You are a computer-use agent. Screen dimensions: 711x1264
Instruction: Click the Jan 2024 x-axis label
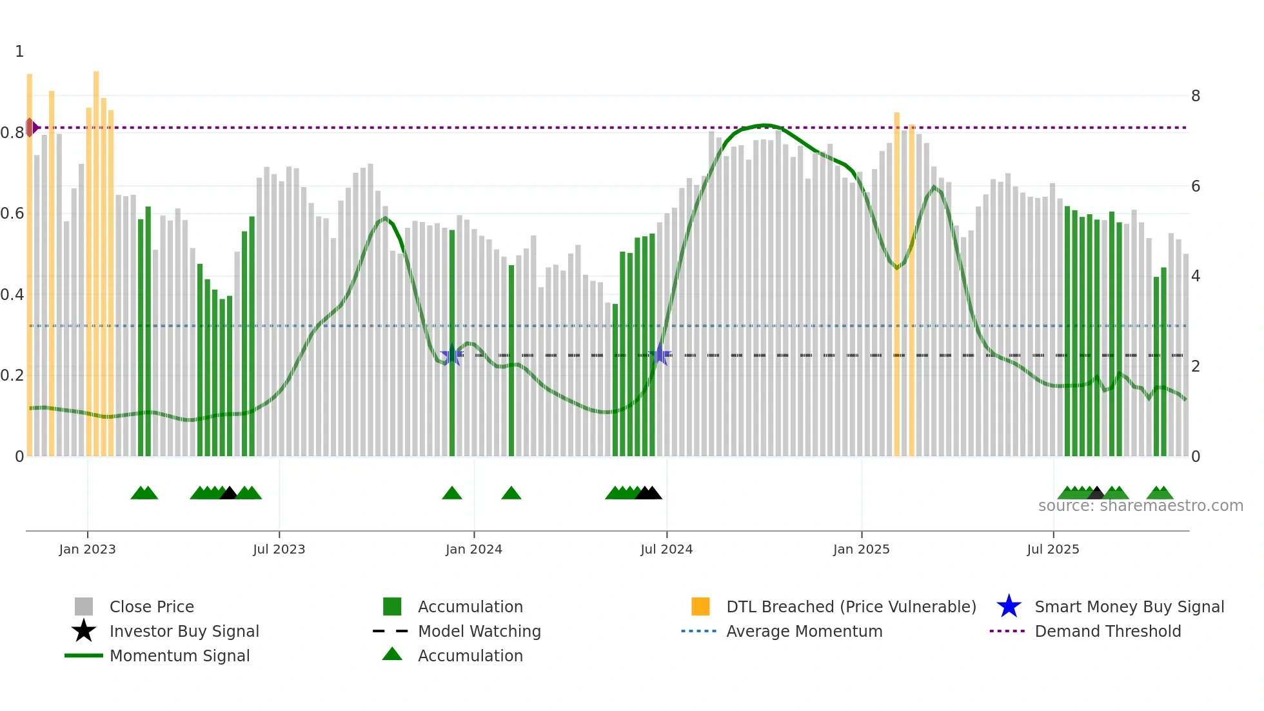coord(473,549)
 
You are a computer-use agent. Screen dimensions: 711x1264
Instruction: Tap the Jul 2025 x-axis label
coord(1052,549)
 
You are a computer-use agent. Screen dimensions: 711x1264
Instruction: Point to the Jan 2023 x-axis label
coord(87,549)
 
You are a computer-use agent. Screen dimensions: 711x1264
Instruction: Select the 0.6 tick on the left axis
coord(12,214)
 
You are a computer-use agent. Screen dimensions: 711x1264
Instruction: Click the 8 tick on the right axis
coord(1196,96)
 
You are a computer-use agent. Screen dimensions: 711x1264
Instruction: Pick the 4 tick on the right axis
coord(1196,276)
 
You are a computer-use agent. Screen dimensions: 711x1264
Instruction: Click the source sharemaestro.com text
coord(1140,506)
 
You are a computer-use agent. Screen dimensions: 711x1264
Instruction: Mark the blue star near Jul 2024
coord(660,355)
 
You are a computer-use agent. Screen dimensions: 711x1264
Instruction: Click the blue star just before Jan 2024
coord(451,355)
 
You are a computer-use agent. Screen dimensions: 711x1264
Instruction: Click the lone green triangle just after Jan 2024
coord(511,494)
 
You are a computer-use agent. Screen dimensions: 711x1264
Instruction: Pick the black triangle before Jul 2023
coord(228,494)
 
